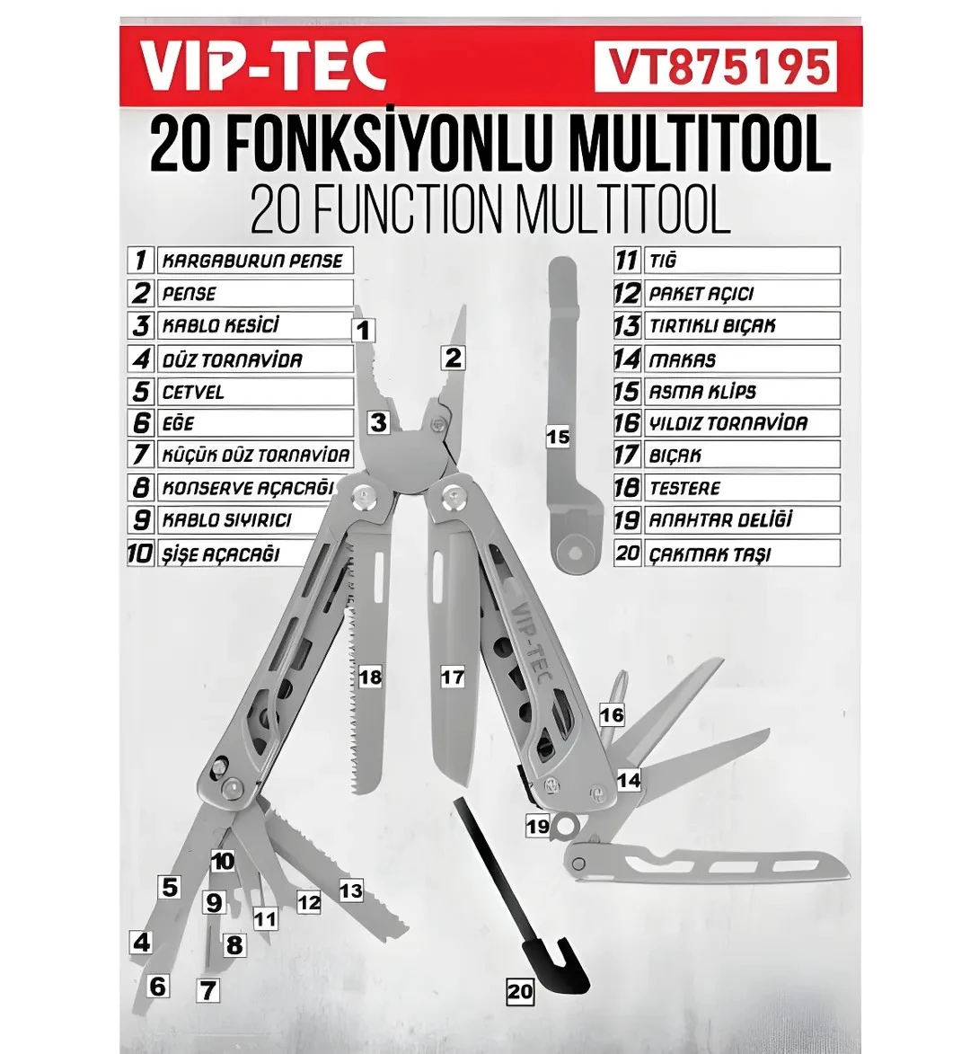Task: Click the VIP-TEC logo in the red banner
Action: [264, 67]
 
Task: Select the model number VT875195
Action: [716, 67]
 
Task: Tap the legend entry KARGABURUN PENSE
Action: [252, 261]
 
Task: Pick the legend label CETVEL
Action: [193, 393]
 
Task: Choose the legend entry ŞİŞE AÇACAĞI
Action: [220, 554]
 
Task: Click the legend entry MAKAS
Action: [683, 360]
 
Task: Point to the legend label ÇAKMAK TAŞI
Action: [710, 554]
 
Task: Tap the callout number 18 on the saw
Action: [370, 677]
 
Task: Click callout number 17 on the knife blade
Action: [453, 677]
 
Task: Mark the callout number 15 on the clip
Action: [558, 437]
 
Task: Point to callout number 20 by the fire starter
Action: [520, 991]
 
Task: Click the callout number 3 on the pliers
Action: [378, 421]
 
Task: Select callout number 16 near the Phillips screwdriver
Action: [612, 715]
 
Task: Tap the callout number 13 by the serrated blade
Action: [350, 890]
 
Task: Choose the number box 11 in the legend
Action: [626, 261]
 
